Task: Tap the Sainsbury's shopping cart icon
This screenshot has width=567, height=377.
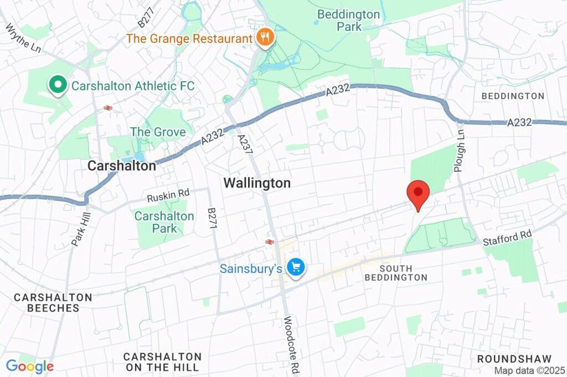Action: tap(296, 268)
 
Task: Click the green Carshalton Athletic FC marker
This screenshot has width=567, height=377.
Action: tap(56, 86)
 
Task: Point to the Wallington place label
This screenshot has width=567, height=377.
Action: tap(257, 184)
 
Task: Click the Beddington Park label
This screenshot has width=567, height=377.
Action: tap(349, 20)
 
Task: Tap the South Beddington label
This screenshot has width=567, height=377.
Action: tap(396, 273)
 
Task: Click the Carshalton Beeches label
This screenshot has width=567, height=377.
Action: tap(53, 303)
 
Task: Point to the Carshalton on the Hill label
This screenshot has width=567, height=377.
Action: tap(162, 362)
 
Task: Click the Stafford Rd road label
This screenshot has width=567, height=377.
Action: tap(507, 238)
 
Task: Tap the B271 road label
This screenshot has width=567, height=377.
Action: tap(212, 219)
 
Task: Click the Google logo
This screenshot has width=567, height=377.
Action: tap(30, 366)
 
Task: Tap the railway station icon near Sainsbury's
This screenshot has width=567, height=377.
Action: tap(270, 242)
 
